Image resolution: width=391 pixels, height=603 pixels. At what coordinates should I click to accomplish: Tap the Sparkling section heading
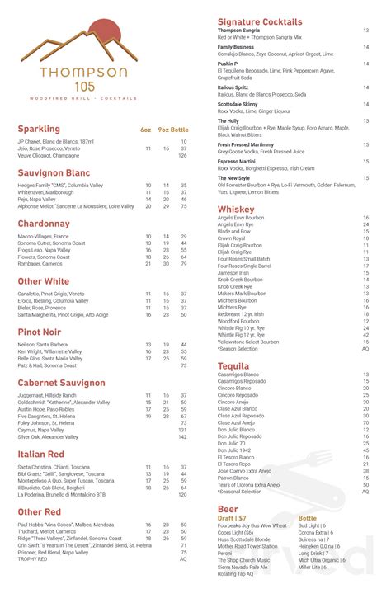click(39, 130)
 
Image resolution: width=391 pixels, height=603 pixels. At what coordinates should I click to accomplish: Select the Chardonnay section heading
click(44, 224)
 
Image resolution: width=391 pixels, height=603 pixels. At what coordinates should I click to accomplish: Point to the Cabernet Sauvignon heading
click(62, 383)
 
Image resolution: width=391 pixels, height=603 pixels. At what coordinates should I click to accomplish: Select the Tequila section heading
click(234, 365)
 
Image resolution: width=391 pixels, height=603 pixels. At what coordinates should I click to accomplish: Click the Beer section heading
click(228, 510)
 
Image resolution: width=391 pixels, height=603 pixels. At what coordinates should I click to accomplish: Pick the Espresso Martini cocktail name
click(237, 161)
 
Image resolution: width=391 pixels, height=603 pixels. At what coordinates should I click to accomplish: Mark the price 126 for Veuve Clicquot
click(182, 155)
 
